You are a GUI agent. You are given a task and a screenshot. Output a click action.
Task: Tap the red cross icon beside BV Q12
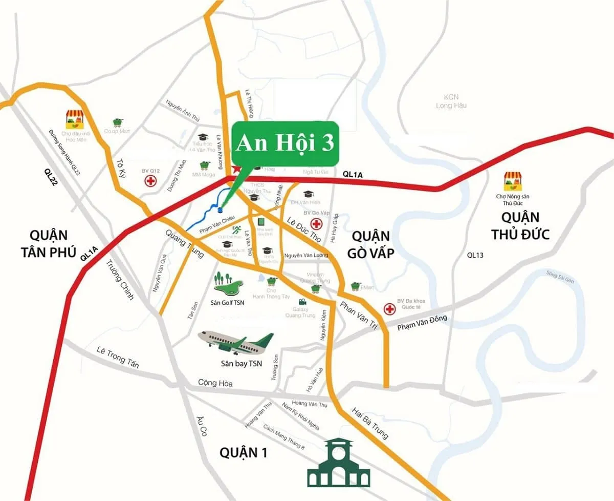click(150, 181)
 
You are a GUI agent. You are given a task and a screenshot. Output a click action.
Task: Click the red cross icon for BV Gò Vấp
click(317, 224)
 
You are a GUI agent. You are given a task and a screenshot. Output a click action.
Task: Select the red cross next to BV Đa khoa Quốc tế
click(390, 308)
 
